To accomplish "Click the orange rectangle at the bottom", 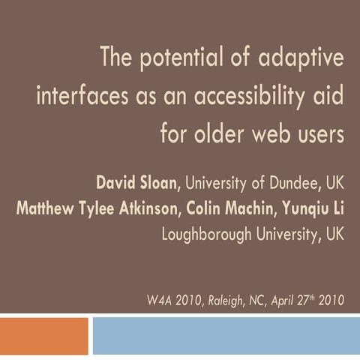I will click(44, 336).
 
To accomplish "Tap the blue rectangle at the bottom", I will click(225, 336).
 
